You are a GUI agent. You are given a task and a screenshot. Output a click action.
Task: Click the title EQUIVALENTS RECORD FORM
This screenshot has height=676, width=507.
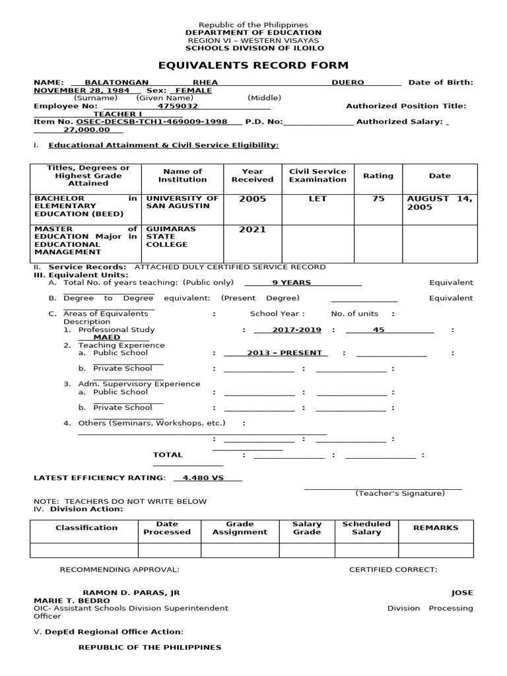253,65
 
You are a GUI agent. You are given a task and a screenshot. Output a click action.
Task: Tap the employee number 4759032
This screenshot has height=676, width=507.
178,106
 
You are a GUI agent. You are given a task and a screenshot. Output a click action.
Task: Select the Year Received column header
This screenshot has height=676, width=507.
252,175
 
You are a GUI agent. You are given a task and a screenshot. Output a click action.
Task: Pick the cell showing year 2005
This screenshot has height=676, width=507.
252,199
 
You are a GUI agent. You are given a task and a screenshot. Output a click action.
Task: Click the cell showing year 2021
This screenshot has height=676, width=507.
252,230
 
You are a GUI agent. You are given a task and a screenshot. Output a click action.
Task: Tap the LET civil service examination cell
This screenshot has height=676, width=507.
318,199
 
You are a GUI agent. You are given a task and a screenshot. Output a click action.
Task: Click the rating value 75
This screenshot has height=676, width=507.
378,199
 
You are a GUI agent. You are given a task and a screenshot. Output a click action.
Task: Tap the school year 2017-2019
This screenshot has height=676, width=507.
293,329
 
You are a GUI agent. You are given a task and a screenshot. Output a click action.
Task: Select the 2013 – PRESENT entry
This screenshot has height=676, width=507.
285,353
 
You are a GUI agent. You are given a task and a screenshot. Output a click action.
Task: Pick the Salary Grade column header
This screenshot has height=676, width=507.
307,528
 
